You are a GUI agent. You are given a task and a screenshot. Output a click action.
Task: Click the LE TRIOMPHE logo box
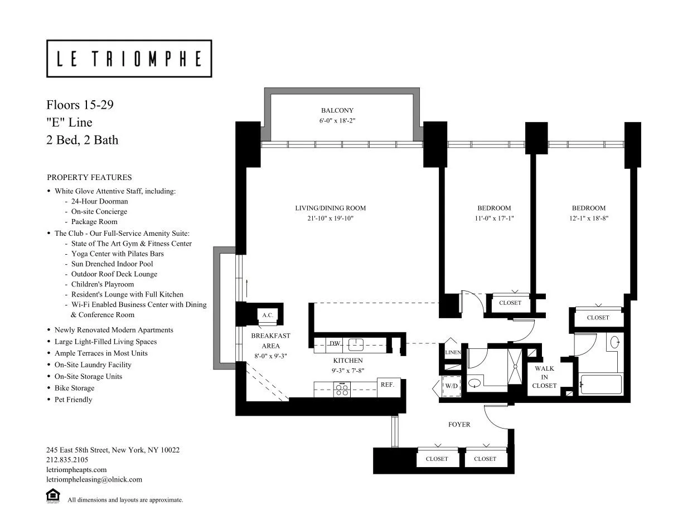click(129, 59)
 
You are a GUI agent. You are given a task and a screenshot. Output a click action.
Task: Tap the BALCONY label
click(337, 110)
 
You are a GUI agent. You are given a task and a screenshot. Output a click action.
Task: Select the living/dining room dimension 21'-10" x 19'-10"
click(330, 218)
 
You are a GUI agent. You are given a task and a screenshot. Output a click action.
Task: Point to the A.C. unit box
click(268, 315)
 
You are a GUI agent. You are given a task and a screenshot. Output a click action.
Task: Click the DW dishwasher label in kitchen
click(335, 344)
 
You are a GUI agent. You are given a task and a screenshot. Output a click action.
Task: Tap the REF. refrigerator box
click(388, 385)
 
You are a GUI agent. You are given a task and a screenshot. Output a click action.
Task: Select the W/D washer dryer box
click(452, 386)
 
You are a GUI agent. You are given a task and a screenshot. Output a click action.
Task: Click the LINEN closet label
click(452, 353)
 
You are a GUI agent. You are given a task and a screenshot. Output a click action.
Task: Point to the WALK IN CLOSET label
click(544, 377)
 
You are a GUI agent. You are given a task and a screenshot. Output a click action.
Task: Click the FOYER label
click(459, 425)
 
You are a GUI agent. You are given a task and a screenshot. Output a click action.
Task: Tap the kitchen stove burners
click(342, 389)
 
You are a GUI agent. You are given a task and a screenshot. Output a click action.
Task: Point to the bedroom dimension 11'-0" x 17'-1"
click(493, 218)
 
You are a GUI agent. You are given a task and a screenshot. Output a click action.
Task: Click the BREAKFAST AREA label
click(270, 341)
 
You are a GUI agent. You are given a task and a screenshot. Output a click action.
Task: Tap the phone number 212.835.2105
click(67, 460)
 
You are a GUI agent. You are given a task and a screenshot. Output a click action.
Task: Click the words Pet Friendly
click(73, 400)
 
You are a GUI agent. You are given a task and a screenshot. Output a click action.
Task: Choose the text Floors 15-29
click(80, 105)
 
